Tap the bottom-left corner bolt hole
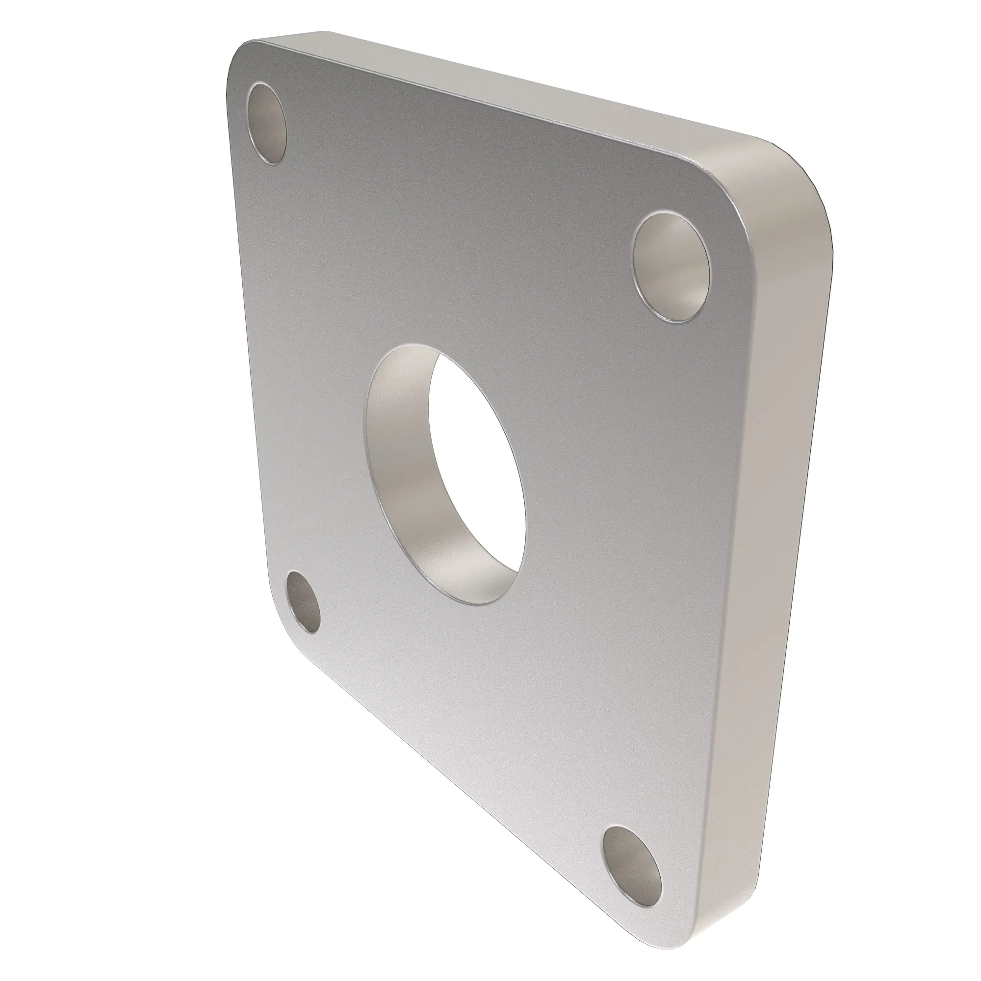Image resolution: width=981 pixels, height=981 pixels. click(304, 602)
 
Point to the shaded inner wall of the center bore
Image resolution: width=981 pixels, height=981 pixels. click(401, 457)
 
